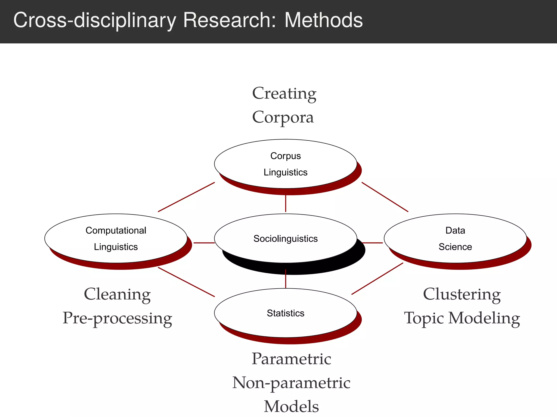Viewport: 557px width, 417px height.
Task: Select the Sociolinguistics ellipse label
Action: click(285, 239)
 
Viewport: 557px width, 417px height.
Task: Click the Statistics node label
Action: click(285, 313)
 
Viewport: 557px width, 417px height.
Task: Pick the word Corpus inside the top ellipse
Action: click(285, 156)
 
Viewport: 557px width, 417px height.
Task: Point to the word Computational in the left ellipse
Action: click(116, 230)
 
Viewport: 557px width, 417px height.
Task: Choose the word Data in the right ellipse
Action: click(455, 230)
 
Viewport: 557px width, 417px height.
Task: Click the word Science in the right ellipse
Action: click(455, 247)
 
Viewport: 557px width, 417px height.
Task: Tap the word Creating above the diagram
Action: click(284, 94)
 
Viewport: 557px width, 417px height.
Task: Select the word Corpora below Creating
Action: click(283, 117)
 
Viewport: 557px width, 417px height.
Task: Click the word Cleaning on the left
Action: click(117, 294)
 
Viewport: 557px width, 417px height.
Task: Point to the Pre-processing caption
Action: click(117, 318)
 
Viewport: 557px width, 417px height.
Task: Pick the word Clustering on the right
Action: click(462, 294)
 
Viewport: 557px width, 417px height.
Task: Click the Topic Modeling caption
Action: click(462, 318)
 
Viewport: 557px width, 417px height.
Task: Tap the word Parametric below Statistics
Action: click(291, 359)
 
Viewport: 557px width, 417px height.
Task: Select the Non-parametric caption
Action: click(291, 383)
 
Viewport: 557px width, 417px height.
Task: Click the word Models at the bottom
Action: click(291, 406)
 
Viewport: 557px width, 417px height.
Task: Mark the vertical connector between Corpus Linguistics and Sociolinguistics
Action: click(286, 203)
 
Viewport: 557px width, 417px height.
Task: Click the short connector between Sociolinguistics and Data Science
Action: click(372, 243)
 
